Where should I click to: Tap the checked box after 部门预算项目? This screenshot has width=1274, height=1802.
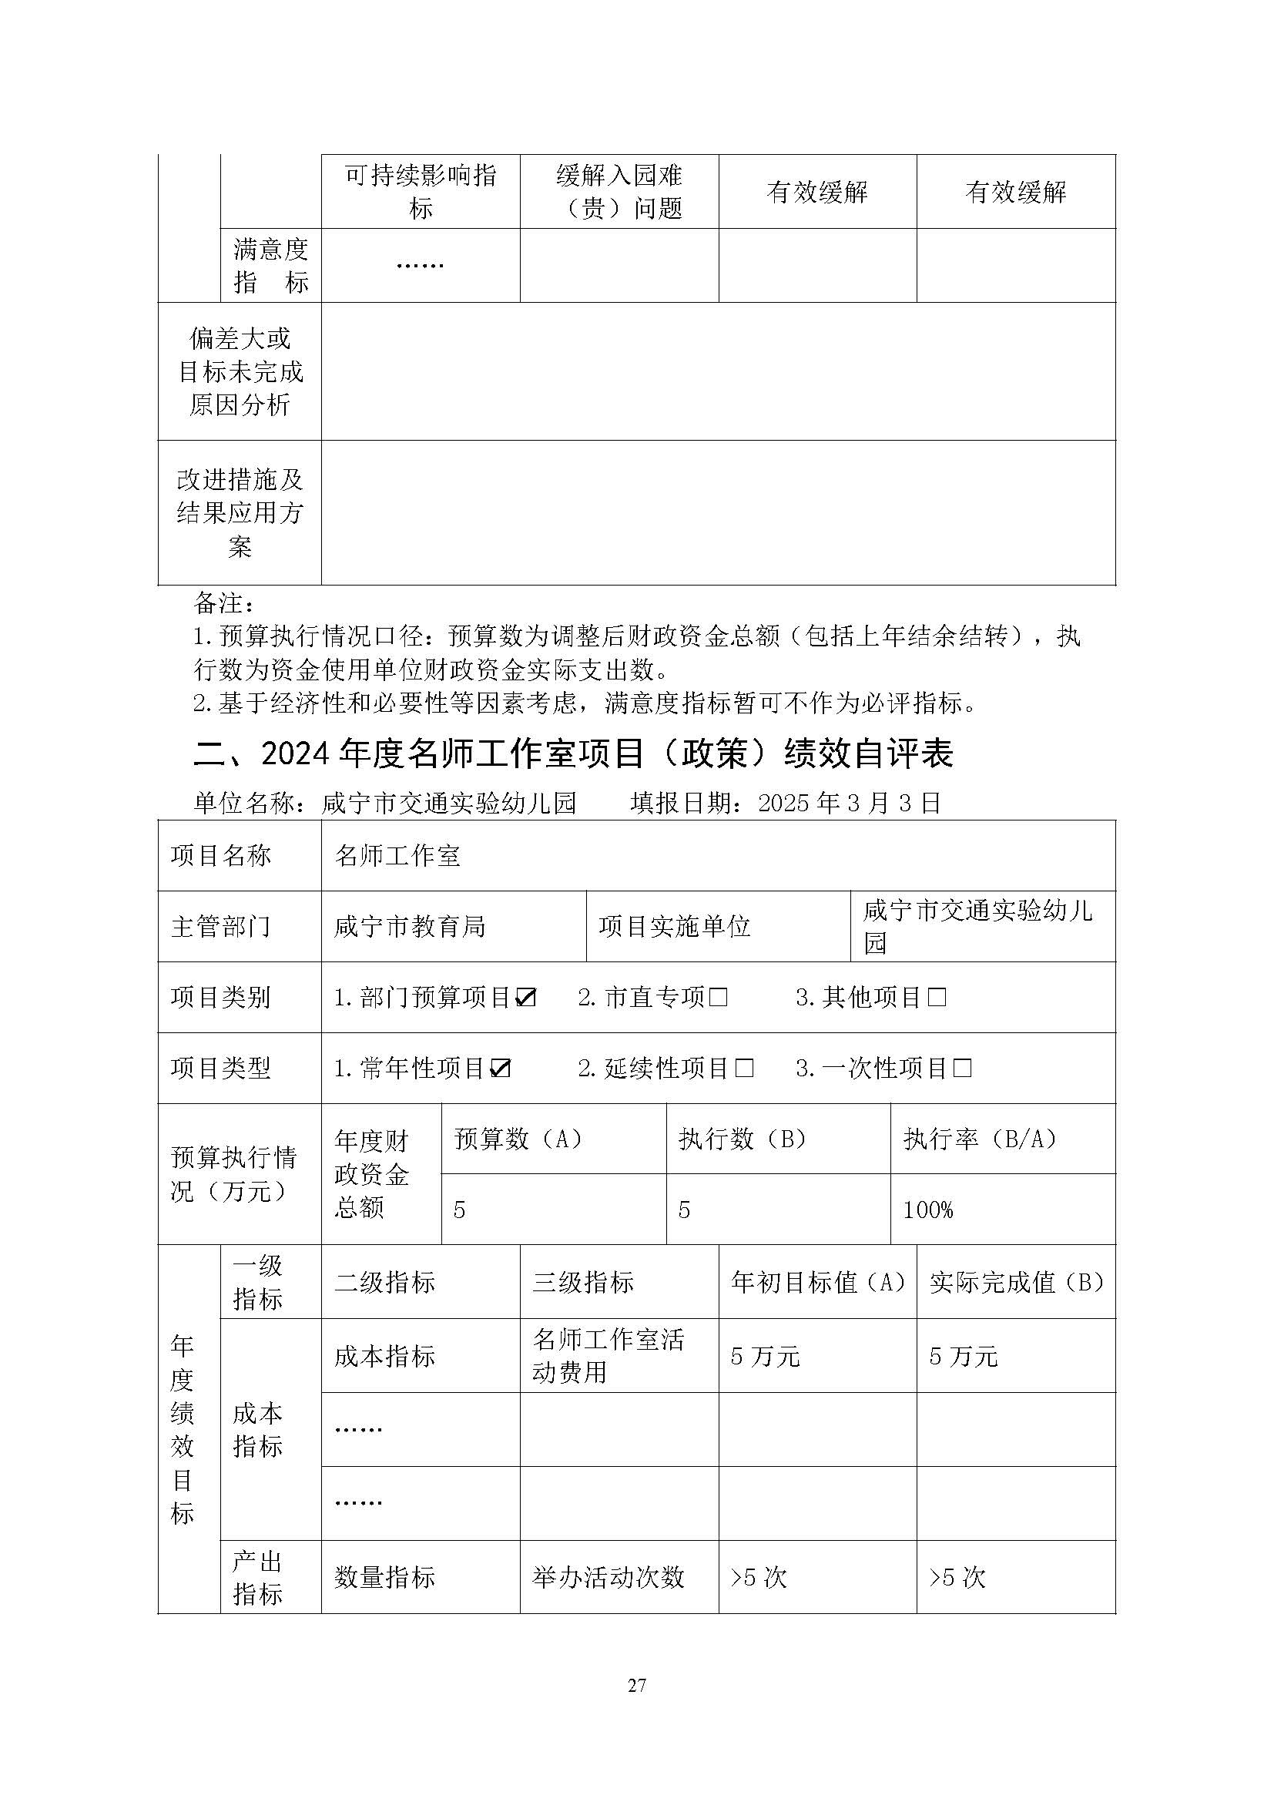click(x=525, y=998)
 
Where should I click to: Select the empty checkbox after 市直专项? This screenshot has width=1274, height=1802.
click(x=719, y=998)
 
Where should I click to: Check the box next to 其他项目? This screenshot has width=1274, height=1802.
click(x=937, y=998)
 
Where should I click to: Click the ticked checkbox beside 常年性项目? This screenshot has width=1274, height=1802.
click(x=501, y=1068)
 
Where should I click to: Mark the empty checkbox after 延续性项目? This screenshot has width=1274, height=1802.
click(x=745, y=1068)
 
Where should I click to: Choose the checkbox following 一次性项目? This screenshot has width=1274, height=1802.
click(x=963, y=1068)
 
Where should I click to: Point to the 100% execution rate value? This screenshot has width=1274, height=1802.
click(x=928, y=1210)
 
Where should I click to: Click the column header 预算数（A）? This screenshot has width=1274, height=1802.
click(x=518, y=1139)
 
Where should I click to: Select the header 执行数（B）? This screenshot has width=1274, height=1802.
click(x=743, y=1139)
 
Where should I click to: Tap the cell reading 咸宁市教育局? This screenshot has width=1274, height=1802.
click(x=410, y=927)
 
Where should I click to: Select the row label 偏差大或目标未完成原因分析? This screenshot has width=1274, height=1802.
click(x=240, y=371)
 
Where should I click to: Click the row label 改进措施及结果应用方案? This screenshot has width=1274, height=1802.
click(x=240, y=512)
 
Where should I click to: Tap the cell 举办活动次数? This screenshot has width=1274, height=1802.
click(x=609, y=1577)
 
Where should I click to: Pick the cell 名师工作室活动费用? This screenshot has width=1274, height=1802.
click(x=609, y=1355)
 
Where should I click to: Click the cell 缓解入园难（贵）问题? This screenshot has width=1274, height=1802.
click(x=619, y=192)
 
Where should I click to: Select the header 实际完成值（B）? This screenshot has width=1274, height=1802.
click(x=1017, y=1282)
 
